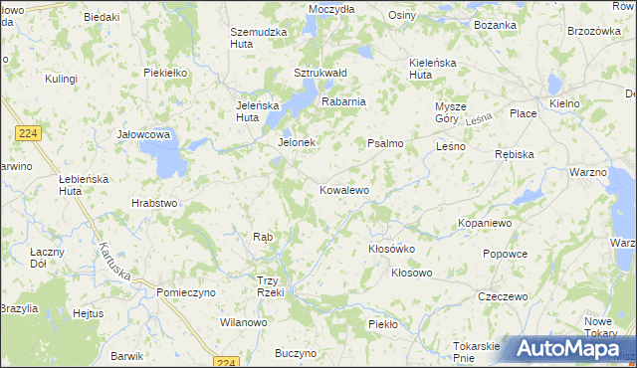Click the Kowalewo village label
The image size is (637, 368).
tap(344, 189)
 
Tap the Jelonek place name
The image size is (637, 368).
tap(296, 142)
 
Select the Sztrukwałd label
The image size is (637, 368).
tap(319, 73)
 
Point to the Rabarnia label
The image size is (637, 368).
tap(343, 100)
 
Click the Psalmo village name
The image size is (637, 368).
tap(385, 143)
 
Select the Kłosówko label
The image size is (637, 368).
tap(391, 249)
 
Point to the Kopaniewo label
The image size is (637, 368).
tap(485, 223)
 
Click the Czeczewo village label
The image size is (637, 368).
tap(502, 296)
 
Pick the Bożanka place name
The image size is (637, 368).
tap(495, 23)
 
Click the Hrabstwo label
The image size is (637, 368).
tap(154, 203)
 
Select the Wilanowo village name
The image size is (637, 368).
tap(244, 322)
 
